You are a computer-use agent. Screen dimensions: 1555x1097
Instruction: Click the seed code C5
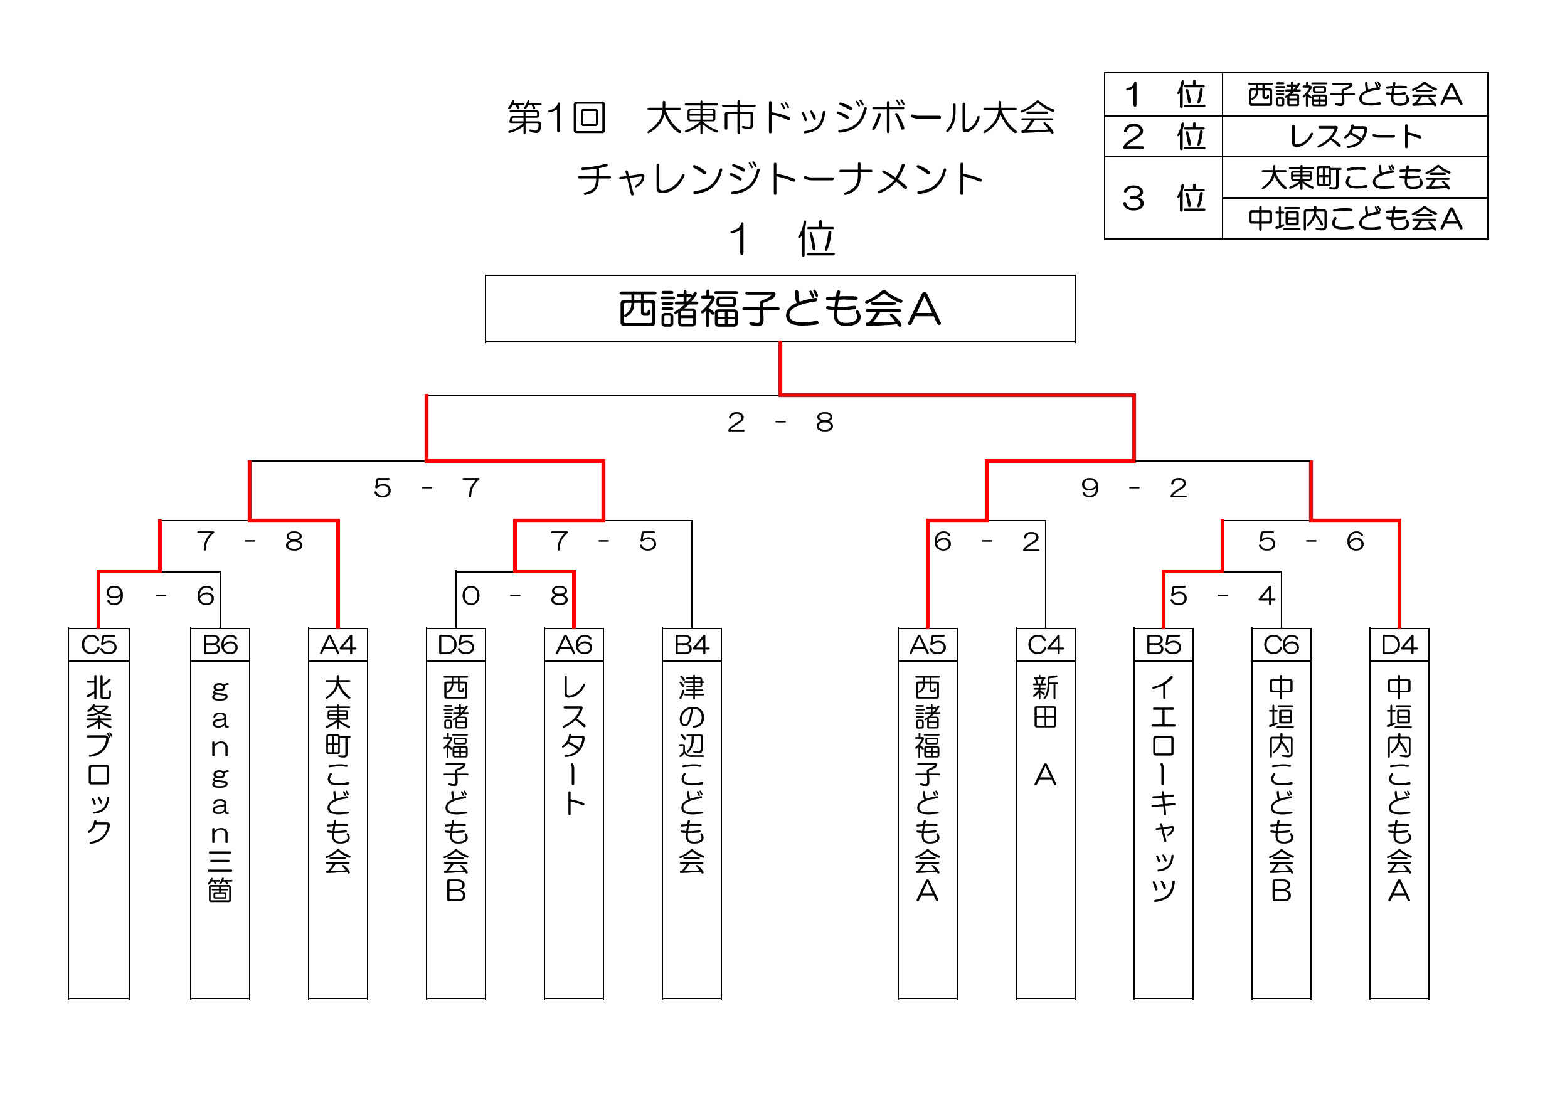(99, 645)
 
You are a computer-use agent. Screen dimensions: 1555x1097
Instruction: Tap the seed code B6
(220, 645)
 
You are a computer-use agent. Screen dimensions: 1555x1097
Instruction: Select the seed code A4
(338, 645)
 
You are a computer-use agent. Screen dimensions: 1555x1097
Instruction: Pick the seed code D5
(456, 645)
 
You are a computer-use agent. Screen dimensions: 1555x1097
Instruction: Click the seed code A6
(574, 645)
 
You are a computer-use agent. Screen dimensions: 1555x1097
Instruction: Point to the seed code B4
(691, 645)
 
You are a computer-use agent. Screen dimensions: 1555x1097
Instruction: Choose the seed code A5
(927, 645)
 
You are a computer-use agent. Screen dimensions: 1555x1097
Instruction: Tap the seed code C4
(1045, 645)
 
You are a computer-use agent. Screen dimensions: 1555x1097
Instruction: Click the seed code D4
(1399, 645)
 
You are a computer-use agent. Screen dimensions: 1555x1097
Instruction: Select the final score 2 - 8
(780, 422)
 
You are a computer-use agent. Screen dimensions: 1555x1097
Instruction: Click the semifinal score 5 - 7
(427, 487)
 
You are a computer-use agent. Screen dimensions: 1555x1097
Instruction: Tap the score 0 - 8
(515, 596)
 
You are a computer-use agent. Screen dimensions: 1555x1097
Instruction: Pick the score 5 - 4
(1223, 596)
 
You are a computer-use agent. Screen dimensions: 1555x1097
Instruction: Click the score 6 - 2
(986, 541)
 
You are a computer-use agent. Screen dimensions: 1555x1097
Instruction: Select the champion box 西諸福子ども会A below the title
(780, 309)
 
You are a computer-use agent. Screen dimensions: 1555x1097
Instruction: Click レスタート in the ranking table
(1355, 136)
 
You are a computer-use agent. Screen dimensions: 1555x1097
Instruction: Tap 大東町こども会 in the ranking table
(1355, 178)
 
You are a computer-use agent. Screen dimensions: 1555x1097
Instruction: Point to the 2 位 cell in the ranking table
(1164, 136)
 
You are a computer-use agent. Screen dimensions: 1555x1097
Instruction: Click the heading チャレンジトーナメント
(780, 179)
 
